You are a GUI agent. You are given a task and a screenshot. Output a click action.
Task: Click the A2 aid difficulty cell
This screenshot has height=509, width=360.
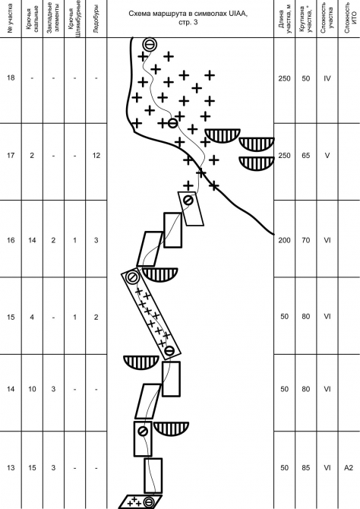(349, 468)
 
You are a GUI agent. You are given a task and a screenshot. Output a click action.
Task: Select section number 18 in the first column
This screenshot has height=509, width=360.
(11, 77)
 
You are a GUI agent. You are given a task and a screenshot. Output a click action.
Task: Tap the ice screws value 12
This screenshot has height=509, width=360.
(96, 156)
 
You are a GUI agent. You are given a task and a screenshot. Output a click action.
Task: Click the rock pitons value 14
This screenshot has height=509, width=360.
(32, 240)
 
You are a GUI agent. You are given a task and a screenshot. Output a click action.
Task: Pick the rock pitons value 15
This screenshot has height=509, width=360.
(32, 468)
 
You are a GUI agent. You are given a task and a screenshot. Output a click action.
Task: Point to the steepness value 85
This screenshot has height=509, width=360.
(306, 468)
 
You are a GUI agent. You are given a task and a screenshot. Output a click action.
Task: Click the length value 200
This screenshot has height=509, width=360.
(284, 240)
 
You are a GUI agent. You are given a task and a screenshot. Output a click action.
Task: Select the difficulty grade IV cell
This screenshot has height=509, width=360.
(327, 78)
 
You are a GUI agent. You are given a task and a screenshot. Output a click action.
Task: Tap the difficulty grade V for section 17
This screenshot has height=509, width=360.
(327, 156)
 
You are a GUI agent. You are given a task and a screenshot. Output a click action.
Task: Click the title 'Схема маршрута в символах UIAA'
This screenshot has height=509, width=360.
(188, 14)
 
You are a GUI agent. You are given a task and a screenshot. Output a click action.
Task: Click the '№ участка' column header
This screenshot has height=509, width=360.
(11, 18)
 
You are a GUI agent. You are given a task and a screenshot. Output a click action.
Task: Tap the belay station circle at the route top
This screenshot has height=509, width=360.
(150, 45)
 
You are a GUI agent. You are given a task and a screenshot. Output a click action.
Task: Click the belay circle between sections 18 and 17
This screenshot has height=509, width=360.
(172, 123)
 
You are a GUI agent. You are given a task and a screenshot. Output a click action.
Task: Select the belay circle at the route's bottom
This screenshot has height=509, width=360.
(149, 502)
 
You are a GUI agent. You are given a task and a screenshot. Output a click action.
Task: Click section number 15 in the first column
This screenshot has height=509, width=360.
(11, 317)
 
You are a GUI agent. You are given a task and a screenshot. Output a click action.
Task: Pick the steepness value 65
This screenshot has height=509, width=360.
(306, 156)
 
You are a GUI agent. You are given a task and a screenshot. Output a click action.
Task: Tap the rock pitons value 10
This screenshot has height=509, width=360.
(32, 389)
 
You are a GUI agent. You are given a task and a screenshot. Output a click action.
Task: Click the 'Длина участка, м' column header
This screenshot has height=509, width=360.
(285, 18)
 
